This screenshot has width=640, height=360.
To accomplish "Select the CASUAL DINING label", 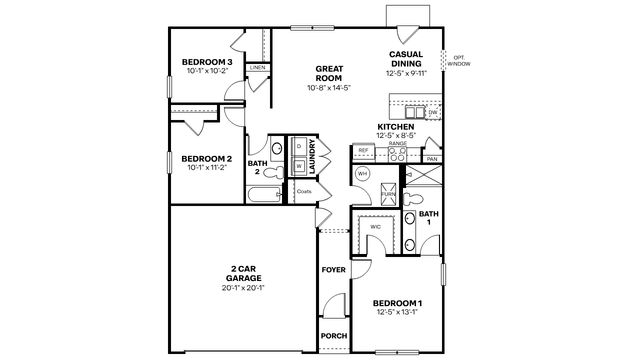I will (x=411, y=57).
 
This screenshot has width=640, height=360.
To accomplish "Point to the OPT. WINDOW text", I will (x=459, y=61).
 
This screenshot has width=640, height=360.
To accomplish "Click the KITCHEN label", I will (x=396, y=127).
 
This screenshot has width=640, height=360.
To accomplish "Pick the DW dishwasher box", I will (x=433, y=113).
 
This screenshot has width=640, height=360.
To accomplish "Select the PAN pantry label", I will (x=432, y=159).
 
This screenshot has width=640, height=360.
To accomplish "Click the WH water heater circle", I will (x=363, y=174).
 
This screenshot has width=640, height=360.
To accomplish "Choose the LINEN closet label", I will (x=257, y=68).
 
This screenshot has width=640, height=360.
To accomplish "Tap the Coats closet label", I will (x=304, y=190).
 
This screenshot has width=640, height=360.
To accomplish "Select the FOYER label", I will (x=332, y=270).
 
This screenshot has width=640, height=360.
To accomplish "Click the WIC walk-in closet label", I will (x=376, y=227).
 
